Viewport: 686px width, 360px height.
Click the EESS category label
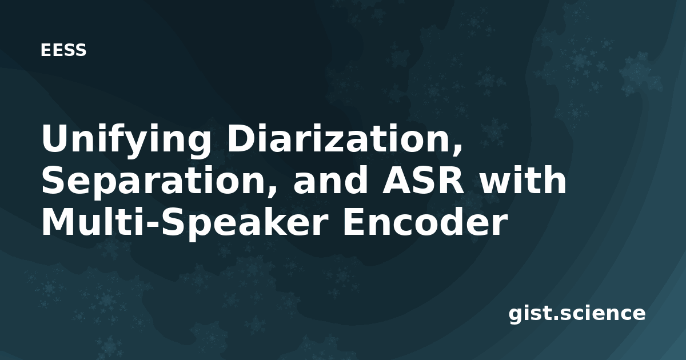tap(63, 50)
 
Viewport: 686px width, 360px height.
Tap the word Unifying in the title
tap(126, 141)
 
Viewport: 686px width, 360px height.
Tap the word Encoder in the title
tap(424, 221)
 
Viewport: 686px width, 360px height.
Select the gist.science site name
tap(577, 314)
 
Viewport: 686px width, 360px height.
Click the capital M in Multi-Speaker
tap(59, 221)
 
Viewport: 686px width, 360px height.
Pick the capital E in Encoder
tap(354, 221)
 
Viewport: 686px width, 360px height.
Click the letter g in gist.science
tap(516, 316)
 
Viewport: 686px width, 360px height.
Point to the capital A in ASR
tap(397, 180)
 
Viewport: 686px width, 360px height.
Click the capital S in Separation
tap(53, 180)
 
